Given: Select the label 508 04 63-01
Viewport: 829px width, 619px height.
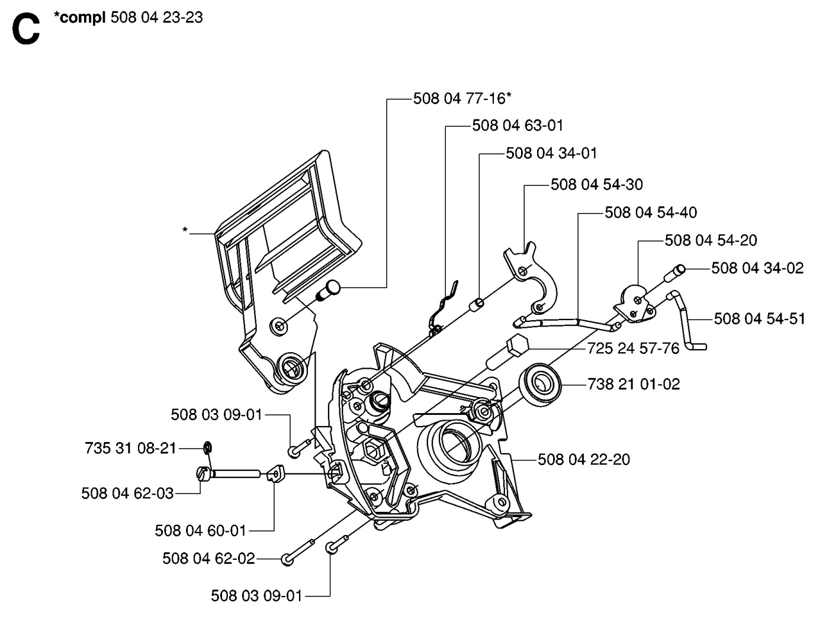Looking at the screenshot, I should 518,125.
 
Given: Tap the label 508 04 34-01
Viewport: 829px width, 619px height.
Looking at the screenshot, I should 551,153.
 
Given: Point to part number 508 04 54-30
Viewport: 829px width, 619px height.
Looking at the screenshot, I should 596,185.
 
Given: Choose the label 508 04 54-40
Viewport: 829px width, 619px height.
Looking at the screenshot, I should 650,212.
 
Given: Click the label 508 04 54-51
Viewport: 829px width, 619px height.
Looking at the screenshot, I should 759,319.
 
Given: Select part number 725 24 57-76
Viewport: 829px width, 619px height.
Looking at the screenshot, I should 633,348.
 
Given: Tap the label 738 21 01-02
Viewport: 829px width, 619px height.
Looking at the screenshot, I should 634,384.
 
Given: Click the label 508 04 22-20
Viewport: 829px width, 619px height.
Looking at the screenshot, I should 583,459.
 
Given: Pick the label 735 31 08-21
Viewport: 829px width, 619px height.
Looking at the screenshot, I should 131,449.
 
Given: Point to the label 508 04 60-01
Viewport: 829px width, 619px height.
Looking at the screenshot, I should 200,530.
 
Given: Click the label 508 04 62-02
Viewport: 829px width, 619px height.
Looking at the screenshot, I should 208,558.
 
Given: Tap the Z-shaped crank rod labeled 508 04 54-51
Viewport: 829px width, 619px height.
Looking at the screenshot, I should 686,320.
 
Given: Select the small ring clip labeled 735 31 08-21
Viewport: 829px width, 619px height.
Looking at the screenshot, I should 208,447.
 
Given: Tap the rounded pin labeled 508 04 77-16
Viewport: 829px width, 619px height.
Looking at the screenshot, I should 329,290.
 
